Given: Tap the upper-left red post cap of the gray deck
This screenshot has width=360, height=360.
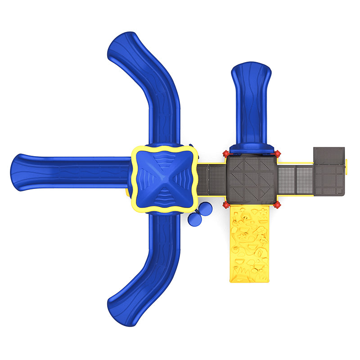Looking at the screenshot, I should (226, 154).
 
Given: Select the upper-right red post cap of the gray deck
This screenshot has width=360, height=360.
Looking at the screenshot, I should (277, 154).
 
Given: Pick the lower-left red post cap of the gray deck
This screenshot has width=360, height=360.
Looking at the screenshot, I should (226, 205).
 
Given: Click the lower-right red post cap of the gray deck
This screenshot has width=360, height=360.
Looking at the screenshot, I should (277, 205).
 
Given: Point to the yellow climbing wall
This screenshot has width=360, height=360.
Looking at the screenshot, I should (249, 243).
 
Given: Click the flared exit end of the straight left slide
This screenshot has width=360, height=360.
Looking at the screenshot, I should (20, 172).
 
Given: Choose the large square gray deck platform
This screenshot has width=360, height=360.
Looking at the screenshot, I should (252, 180).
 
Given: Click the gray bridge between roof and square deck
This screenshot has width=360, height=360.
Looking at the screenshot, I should (211, 180).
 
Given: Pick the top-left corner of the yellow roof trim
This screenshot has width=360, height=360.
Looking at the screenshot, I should (134, 150).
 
